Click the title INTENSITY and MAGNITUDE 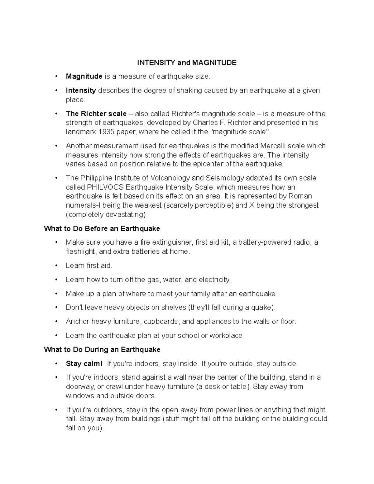tap(187, 63)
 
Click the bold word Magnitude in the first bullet tap(84, 76)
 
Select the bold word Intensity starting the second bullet tap(81, 90)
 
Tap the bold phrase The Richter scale tap(96, 113)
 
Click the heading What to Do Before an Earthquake tap(102, 229)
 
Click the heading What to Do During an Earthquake tap(102, 350)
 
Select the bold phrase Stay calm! tap(84, 364)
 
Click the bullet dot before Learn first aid tap(56, 266)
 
